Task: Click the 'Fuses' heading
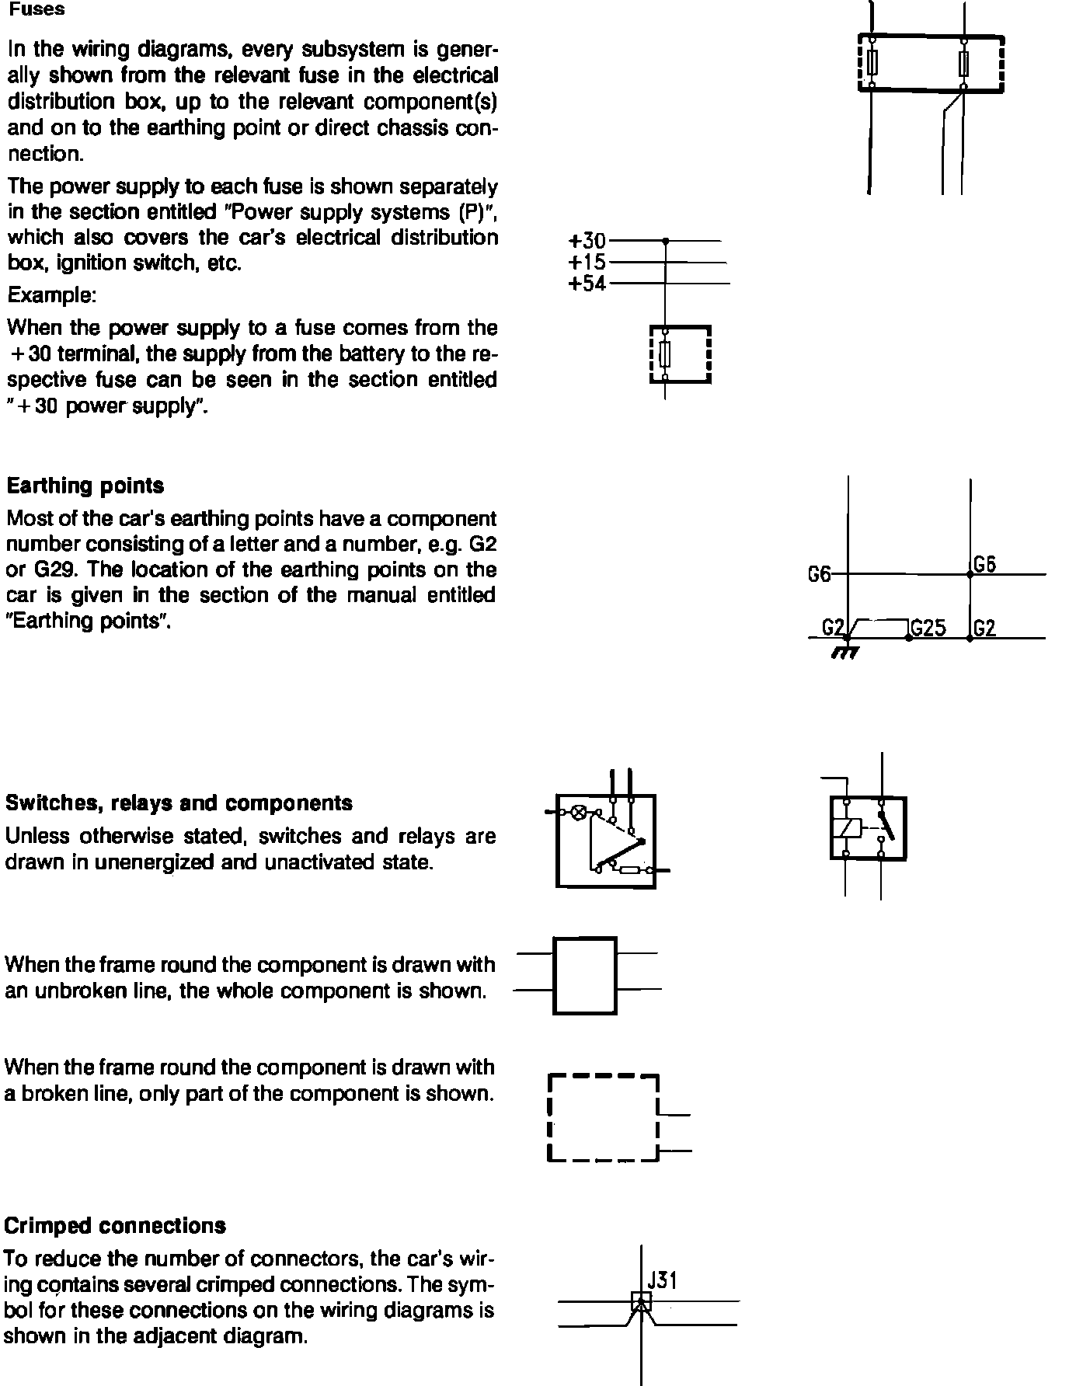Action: tap(37, 10)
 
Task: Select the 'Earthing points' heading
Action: tap(85, 486)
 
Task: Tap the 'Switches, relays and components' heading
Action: tap(179, 803)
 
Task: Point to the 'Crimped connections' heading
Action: tap(115, 1226)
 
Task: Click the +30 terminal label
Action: tap(587, 241)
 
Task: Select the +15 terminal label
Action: tap(587, 263)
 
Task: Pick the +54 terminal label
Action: tap(587, 284)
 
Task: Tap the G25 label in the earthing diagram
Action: tap(928, 628)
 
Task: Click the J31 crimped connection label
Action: tap(662, 1280)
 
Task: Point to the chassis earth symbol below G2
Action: tap(845, 651)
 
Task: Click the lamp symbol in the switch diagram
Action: tap(579, 813)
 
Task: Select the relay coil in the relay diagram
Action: tap(847, 828)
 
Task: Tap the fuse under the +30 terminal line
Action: tap(665, 355)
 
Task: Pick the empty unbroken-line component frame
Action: tap(584, 976)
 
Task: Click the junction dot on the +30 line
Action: tap(665, 242)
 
